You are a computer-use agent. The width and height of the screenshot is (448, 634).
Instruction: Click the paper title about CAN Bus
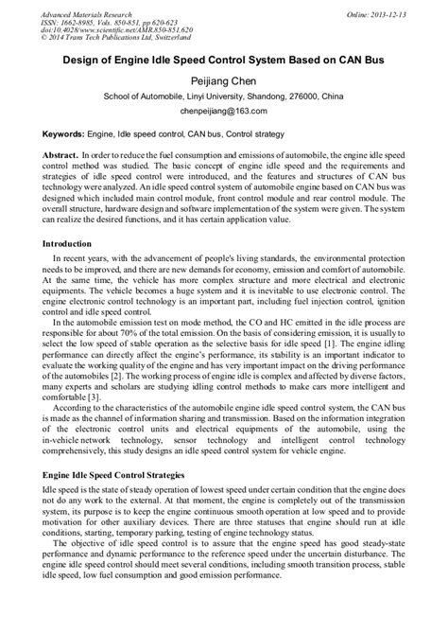click(223, 59)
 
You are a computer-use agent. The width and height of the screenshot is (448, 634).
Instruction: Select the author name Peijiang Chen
click(223, 79)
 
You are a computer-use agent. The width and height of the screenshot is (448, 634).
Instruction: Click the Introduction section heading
click(74, 244)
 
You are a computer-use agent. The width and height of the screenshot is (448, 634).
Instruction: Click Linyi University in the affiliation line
click(193, 97)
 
